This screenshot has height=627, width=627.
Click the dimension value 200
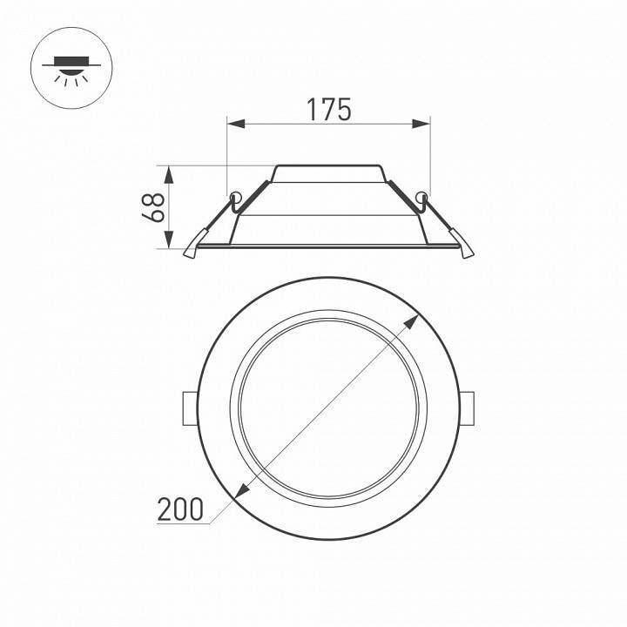pos(180,509)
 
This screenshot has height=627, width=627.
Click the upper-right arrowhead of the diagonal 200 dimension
pos(411,321)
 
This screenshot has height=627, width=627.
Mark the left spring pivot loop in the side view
pos(234,195)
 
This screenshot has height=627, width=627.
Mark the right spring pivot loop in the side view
pos(423,195)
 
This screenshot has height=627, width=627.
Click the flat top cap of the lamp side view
pos(328,165)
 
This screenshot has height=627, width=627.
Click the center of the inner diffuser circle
pos(328,408)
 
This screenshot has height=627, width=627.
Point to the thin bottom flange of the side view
pos(328,246)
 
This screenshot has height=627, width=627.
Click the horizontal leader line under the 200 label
pos(187,522)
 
